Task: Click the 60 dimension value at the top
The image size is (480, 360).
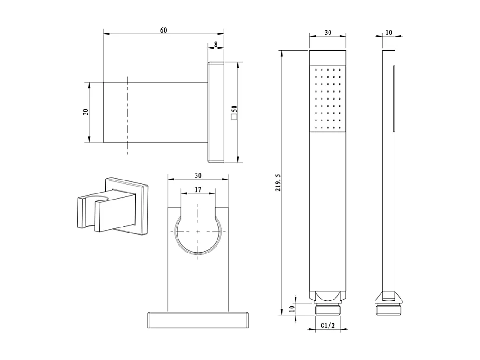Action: pos(164,30)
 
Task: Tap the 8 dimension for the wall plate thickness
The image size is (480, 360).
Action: pos(216,45)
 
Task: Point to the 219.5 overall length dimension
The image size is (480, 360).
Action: pos(278,183)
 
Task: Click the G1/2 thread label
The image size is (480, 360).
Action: pos(328,326)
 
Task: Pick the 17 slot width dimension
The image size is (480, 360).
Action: pos(198,190)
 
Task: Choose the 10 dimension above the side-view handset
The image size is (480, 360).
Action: pos(388,33)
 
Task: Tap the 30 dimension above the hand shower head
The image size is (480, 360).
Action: pos(328,33)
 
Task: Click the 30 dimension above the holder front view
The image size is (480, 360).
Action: pos(198,175)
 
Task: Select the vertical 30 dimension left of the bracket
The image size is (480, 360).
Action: pos(85,112)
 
